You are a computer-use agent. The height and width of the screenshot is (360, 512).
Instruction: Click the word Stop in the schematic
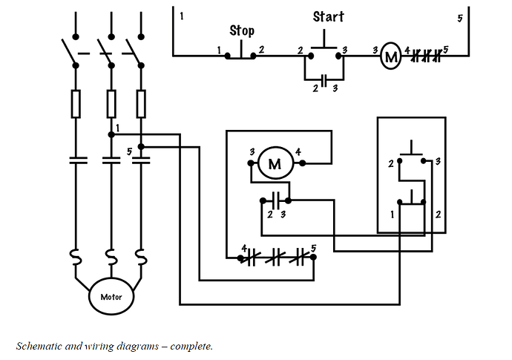click(242, 30)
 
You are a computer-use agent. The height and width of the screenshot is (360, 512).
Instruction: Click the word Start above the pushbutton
click(328, 16)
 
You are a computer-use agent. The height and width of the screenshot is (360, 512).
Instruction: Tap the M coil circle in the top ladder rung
click(390, 56)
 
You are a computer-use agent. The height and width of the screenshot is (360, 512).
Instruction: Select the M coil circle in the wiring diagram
click(275, 163)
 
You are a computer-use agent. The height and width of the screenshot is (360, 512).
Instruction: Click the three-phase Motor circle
click(111, 296)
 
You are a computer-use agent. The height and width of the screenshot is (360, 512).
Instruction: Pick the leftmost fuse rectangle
click(76, 104)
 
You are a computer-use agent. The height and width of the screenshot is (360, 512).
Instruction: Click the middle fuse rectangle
click(111, 104)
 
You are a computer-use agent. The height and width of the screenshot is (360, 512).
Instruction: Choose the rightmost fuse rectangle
click(141, 104)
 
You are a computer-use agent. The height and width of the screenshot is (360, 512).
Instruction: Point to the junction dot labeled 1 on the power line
click(111, 134)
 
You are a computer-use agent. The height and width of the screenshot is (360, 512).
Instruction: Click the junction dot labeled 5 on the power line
click(141, 147)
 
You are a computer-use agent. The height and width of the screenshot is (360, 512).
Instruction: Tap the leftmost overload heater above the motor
click(76, 257)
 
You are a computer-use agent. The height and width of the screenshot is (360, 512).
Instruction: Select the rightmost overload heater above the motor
click(141, 257)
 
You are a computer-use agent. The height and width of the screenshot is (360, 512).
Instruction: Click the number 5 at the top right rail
click(460, 19)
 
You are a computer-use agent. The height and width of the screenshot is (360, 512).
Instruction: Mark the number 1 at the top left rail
click(182, 16)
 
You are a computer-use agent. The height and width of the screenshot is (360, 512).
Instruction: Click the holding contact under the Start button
click(324, 79)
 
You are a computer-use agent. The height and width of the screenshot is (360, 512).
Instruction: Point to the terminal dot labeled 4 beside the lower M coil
click(302, 163)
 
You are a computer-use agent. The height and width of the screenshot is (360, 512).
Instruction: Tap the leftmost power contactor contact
click(78, 160)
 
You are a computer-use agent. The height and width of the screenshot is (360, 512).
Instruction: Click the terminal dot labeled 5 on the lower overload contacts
click(313, 257)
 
